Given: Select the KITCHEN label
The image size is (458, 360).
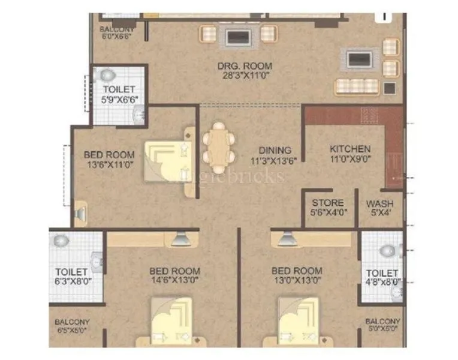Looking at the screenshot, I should (x=350, y=149).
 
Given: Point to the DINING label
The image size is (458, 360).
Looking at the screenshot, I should (x=275, y=150).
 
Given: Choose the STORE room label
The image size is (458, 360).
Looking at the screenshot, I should (x=327, y=203).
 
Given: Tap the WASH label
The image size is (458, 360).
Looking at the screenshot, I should (x=379, y=203).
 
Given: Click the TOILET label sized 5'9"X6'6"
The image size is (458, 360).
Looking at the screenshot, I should (x=118, y=89).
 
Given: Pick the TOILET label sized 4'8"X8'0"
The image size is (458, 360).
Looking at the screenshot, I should (x=382, y=272).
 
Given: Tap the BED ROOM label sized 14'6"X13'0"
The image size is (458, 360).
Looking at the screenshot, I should (x=174, y=271).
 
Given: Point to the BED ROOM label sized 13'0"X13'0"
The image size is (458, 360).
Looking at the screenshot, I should (x=296, y=271).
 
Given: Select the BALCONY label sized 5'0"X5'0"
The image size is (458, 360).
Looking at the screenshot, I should (x=383, y=322).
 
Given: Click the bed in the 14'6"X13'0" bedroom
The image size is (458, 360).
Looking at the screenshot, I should (x=173, y=322).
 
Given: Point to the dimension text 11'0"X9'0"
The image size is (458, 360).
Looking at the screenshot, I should (x=350, y=160).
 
